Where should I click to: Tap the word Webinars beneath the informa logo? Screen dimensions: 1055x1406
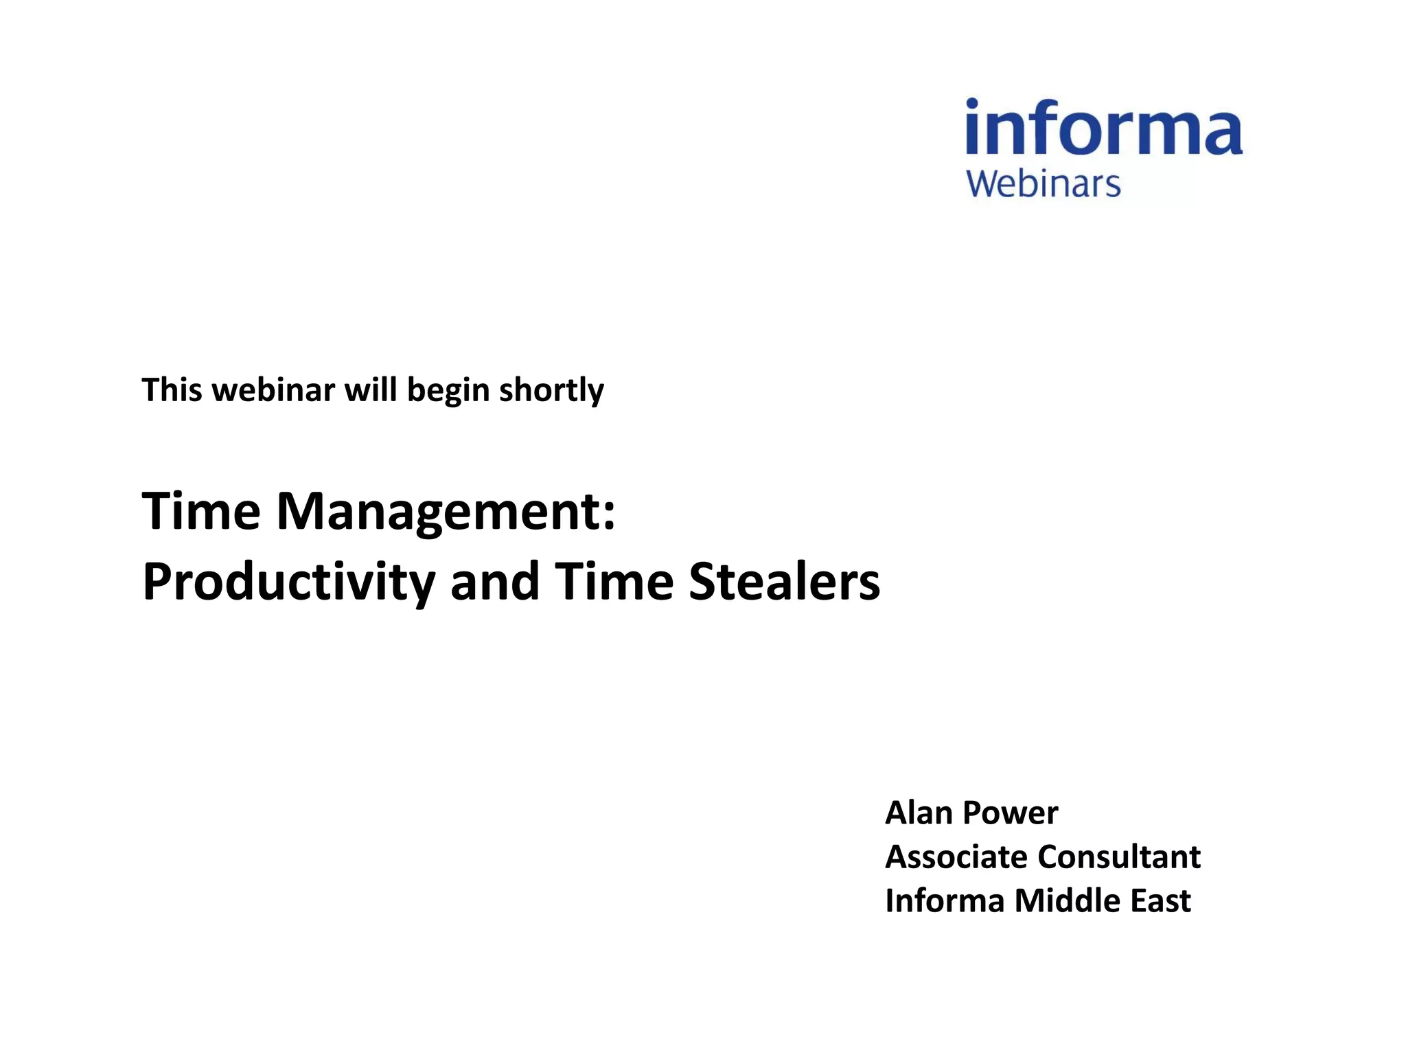pos(1043,184)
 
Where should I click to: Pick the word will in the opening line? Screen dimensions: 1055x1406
pos(370,389)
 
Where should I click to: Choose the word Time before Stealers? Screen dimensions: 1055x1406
pos(614,581)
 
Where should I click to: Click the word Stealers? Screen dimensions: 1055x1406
pos(784,581)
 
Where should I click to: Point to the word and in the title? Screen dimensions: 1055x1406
pos(494,581)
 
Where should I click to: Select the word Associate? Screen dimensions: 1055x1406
pos(956,857)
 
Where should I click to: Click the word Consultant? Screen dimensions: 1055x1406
pos(1119,857)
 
